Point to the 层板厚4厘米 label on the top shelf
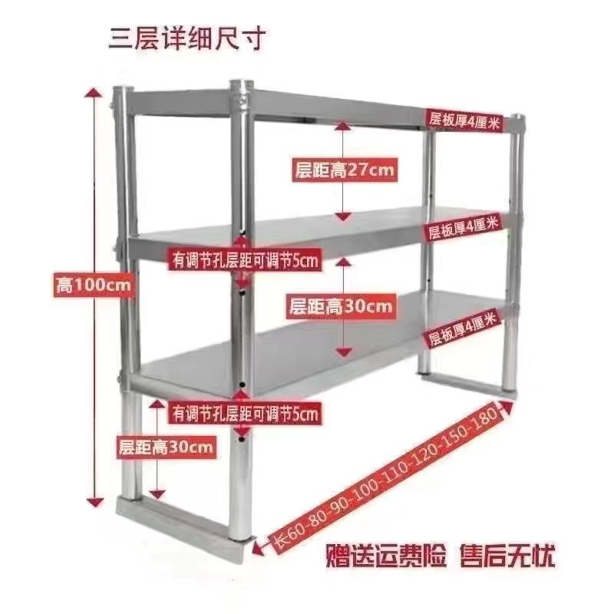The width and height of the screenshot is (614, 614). point(465,119)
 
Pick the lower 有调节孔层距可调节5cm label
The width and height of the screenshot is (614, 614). point(245,414)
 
